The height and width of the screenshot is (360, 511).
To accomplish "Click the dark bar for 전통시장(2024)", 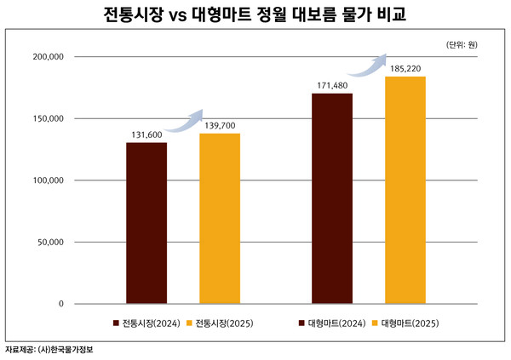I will [146, 223].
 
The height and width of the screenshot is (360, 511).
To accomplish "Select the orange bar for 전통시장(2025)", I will [220, 219].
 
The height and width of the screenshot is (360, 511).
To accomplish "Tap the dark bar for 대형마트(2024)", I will [332, 198].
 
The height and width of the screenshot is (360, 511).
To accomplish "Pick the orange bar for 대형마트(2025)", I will [405, 190].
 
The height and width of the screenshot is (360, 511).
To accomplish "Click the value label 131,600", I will [147, 134].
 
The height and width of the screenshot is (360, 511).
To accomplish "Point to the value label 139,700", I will [220, 125].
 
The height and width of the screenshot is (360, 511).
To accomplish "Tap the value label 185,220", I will [405, 67].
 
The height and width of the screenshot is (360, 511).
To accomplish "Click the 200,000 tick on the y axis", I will [48, 57].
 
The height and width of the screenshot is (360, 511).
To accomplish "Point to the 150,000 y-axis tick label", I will [48, 119].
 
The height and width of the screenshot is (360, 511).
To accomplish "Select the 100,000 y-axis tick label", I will [48, 180].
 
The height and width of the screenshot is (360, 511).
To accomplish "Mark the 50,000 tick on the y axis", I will [50, 243].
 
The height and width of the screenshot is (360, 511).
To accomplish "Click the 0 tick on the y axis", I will [61, 304].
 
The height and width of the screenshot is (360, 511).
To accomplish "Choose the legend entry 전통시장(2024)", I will [147, 323].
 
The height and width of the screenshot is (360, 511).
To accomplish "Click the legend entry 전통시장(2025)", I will [220, 323].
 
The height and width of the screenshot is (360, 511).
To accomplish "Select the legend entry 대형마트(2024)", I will [332, 323].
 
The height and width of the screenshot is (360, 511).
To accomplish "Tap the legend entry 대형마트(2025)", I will [405, 323].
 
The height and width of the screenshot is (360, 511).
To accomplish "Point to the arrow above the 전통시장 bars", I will [184, 121].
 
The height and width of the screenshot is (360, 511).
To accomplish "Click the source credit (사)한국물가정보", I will [67, 350].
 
